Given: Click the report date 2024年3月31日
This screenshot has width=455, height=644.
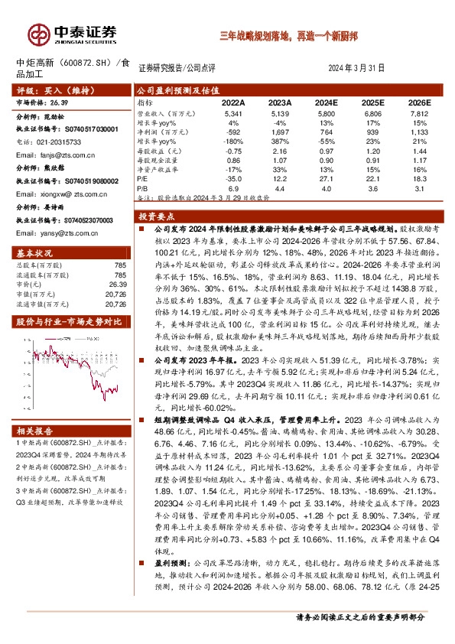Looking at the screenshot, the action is [x=356, y=68].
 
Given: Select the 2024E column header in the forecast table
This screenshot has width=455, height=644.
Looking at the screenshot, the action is [x=326, y=102].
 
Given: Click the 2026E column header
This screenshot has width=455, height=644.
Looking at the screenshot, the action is [x=419, y=102].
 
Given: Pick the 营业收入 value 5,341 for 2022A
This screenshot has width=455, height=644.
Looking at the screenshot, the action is [x=232, y=112].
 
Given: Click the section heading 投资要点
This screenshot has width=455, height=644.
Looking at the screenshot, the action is [x=158, y=217].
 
